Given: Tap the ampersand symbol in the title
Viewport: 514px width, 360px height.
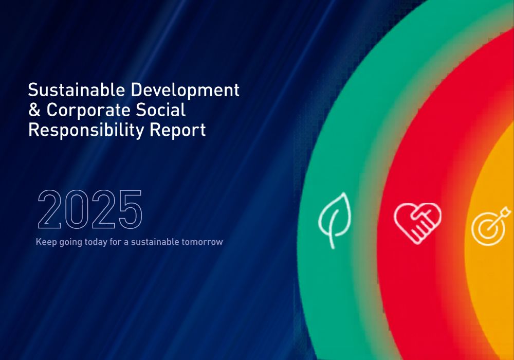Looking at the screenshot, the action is pos(34,110).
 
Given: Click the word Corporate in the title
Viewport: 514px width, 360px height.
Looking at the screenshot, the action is pos(88,111).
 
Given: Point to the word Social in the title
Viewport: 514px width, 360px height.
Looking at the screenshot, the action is pos(160,110).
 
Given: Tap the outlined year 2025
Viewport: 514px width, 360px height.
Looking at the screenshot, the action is pos(90,209).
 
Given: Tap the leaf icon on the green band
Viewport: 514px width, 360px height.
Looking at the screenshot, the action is pos(335,220).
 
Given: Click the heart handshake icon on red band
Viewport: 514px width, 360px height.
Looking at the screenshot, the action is pos(417,223).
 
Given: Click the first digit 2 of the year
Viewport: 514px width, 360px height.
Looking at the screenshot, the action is pos(49,209).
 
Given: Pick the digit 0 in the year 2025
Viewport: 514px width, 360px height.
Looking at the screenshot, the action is pos(77,209).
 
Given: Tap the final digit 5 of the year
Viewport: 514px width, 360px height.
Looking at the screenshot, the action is pos(131,209).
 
